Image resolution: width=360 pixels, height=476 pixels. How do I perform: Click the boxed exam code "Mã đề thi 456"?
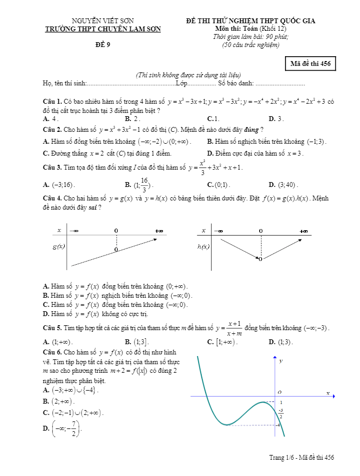[x=310, y=63]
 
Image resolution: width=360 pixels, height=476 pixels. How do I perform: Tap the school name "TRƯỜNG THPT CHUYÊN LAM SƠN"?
[x=103, y=29]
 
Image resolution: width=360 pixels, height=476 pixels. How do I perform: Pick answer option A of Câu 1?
[x=50, y=119]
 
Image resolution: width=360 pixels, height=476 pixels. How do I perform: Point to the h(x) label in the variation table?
[x=203, y=247]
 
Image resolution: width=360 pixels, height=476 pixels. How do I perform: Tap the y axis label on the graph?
[x=281, y=360]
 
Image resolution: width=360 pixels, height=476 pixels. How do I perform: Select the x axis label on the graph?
[x=328, y=392]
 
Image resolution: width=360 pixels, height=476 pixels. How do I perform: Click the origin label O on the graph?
[x=279, y=392]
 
